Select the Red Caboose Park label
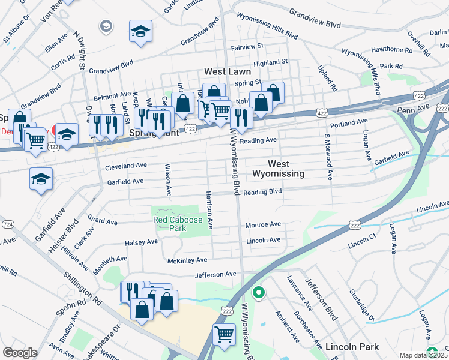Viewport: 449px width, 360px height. pyautogui.click(x=178, y=224)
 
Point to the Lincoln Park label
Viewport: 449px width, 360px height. pyautogui.click(x=352, y=347)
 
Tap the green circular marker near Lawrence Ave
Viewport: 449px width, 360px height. pyautogui.click(x=259, y=293)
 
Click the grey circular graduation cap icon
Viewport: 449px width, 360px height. pyautogui.click(x=106, y=26)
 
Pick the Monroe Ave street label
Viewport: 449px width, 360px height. pyautogui.click(x=263, y=224)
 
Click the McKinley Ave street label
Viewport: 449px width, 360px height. pyautogui.click(x=187, y=260)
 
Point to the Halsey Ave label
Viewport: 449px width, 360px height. pyautogui.click(x=141, y=242)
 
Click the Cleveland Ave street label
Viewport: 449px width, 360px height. pyautogui.click(x=126, y=165)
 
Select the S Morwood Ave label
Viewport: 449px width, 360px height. pyautogui.click(x=329, y=157)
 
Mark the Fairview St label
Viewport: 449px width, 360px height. pyautogui.click(x=247, y=46)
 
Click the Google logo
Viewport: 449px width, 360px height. pyautogui.click(x=20, y=353)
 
